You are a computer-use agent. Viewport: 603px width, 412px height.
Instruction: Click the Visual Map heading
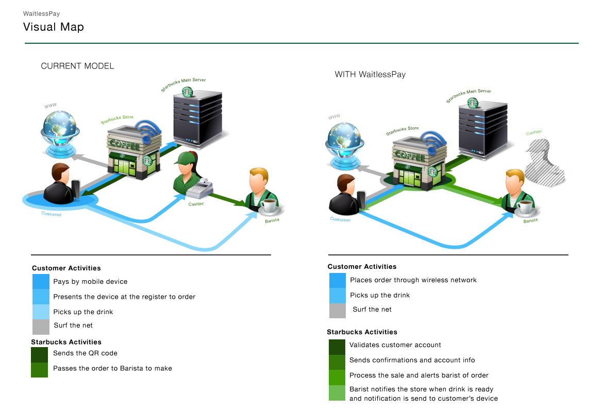click(54, 27)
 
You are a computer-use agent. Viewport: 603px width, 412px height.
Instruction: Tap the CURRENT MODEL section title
click(77, 66)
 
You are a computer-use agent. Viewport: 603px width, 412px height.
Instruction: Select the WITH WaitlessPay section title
click(370, 74)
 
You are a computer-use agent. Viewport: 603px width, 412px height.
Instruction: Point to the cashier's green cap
click(185, 158)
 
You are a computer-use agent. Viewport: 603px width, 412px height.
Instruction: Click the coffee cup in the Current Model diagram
click(270, 207)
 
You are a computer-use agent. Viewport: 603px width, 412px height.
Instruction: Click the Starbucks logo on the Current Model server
click(187, 92)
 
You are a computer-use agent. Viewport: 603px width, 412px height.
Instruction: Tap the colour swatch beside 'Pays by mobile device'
click(41, 282)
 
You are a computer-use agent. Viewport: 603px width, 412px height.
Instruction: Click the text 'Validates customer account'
click(395, 345)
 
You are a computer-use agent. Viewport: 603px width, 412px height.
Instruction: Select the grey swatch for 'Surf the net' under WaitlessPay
click(338, 311)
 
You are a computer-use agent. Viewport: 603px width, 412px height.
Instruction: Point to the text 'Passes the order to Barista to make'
click(112, 368)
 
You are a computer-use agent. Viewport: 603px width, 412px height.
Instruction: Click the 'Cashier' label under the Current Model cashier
click(196, 204)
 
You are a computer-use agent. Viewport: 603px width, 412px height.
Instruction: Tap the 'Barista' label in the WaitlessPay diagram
click(531, 220)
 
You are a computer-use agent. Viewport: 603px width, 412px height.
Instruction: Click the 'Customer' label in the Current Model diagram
click(52, 214)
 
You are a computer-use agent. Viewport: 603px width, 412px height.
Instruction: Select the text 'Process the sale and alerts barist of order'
click(418, 375)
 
